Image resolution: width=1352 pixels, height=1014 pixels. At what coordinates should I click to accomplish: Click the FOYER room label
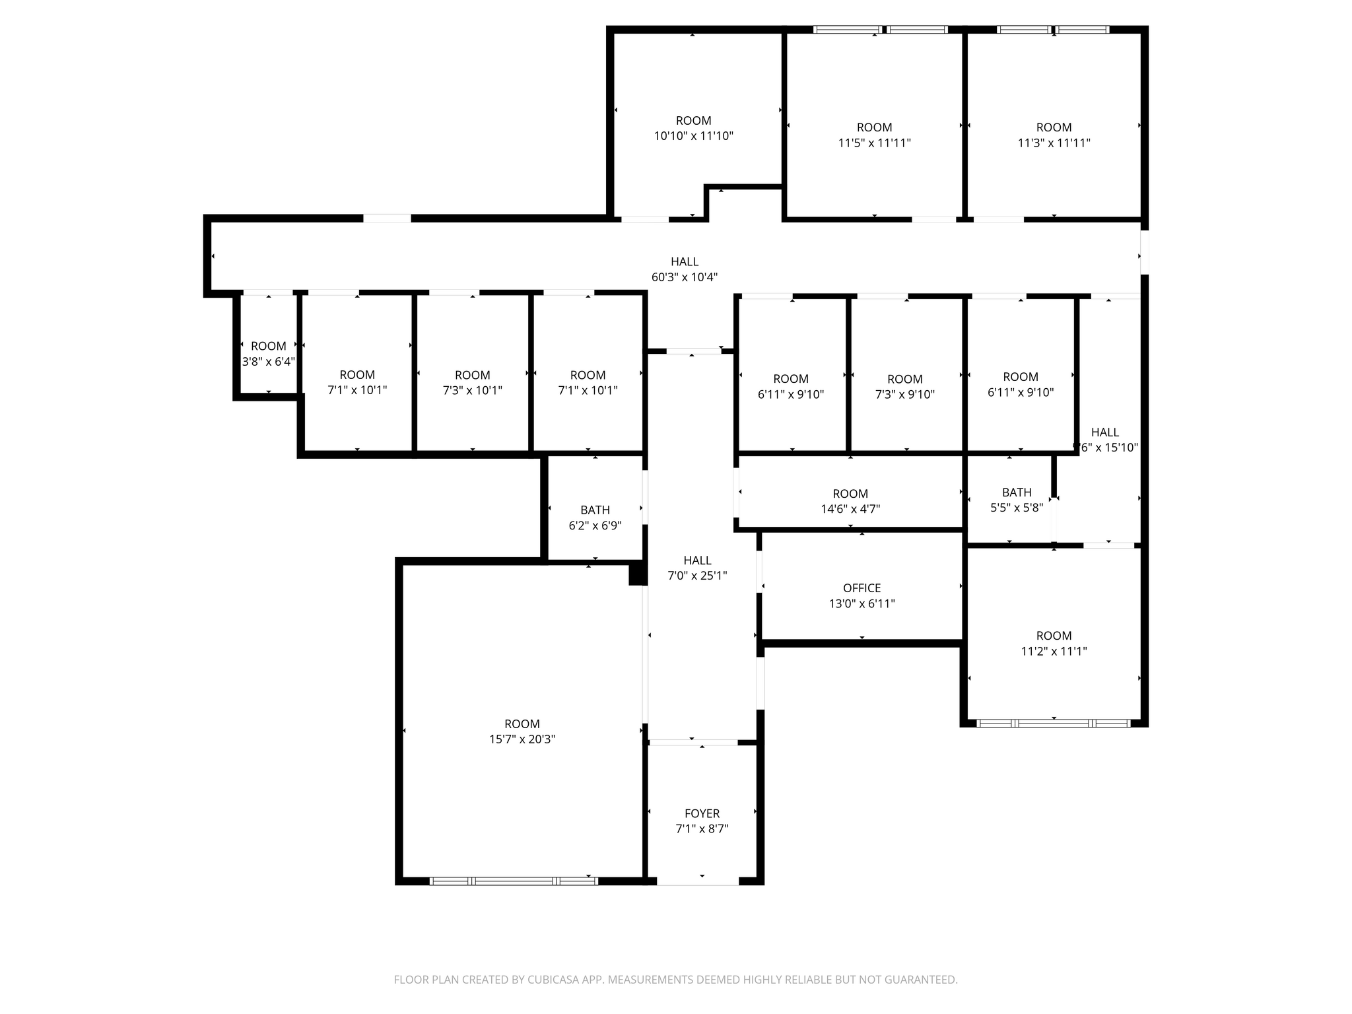coord(702,813)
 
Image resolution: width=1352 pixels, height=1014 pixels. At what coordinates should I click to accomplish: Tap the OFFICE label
coord(862,588)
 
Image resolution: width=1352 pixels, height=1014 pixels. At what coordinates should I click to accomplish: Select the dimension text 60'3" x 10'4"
coord(684,277)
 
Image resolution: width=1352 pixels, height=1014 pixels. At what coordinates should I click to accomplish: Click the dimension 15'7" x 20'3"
coord(522,739)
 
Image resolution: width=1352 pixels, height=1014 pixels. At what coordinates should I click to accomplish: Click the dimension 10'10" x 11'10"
coord(693,136)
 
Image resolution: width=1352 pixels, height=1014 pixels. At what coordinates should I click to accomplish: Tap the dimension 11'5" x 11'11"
coord(874,143)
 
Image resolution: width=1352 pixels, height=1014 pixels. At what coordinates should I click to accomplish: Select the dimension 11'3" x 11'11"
coord(1054,143)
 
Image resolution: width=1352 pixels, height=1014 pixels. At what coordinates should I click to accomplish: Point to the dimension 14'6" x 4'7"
coord(850,509)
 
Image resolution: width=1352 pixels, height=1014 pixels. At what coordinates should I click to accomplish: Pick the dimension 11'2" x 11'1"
coord(1054,651)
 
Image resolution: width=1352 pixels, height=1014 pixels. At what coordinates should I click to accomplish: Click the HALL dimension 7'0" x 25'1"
coord(697,576)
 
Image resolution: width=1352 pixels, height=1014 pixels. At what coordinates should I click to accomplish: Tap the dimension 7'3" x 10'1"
coord(472,390)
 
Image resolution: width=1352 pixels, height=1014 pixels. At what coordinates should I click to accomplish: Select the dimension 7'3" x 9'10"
coord(904,394)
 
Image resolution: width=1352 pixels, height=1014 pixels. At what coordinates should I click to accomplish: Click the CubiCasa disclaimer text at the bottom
coord(675,980)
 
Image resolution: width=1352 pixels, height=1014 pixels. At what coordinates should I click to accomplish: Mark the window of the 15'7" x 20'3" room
coord(514,881)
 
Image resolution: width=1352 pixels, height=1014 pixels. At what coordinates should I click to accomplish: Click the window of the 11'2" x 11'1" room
coord(1053,723)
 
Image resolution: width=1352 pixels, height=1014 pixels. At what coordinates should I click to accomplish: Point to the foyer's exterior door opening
coord(698,881)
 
